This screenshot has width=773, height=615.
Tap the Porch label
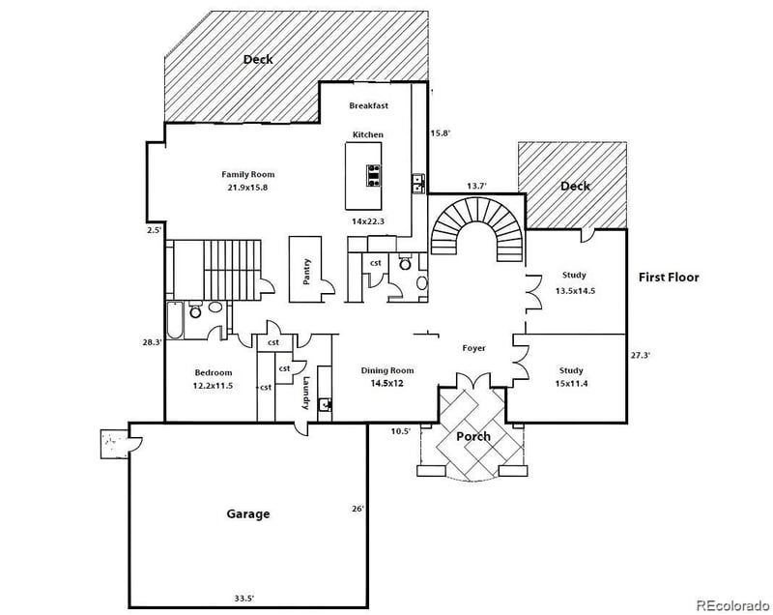click(473, 436)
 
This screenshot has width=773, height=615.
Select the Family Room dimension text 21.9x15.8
click(243, 188)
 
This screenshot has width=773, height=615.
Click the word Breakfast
click(368, 106)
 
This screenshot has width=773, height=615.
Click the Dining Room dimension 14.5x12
click(386, 384)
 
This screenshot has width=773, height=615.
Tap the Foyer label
click(473, 348)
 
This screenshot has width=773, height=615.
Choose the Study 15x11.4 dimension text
click(572, 384)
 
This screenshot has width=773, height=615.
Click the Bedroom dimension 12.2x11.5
click(213, 386)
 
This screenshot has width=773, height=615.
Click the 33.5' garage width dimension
click(243, 599)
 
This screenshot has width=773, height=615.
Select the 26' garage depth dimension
click(357, 509)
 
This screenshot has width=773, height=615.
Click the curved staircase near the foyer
click(477, 228)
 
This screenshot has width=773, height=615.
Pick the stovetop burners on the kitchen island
click(372, 174)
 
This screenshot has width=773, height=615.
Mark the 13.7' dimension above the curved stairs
click(476, 186)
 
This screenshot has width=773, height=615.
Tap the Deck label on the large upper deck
click(258, 59)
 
